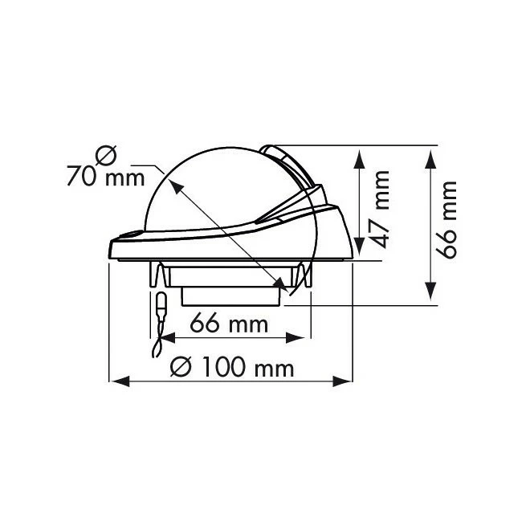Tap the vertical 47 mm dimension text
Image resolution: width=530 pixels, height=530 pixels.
point(378,210)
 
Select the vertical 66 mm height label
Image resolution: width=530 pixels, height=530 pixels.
point(446,220)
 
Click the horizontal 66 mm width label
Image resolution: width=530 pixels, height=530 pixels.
point(229,324)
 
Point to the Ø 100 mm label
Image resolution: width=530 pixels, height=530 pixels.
point(232,367)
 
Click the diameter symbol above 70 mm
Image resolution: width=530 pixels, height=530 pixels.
point(106,155)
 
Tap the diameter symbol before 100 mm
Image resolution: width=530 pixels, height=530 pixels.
point(181,367)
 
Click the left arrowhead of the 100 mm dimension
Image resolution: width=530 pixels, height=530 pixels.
point(120,381)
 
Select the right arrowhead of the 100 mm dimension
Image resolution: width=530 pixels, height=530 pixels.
point(342,381)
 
